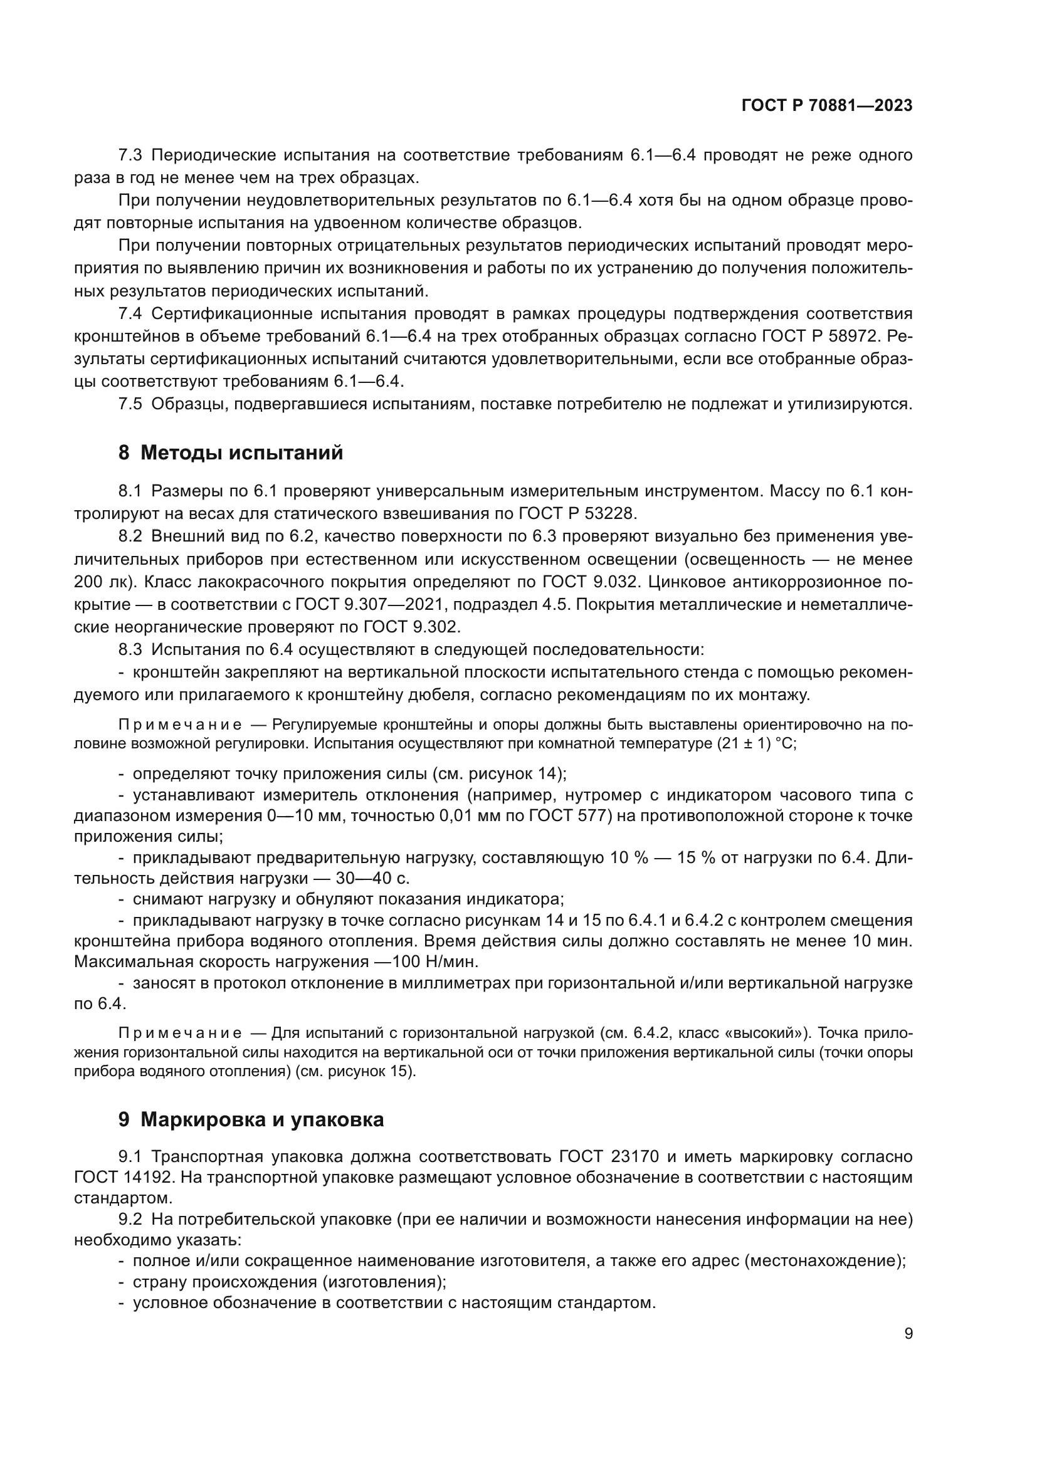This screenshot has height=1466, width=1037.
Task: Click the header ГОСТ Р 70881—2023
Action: pyautogui.click(x=826, y=106)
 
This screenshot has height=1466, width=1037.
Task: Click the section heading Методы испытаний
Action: pyautogui.click(x=241, y=453)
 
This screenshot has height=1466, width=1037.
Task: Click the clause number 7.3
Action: pyautogui.click(x=130, y=155)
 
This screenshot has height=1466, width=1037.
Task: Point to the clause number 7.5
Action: pyautogui.click(x=130, y=404)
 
